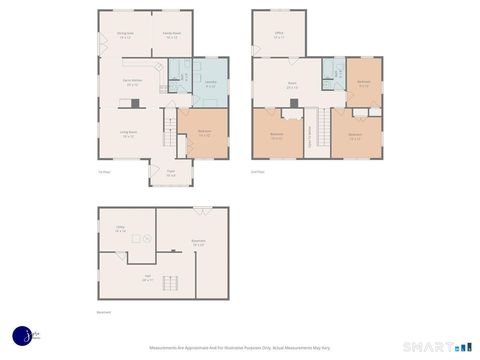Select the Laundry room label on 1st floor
pos(211,83)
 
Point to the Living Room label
pos(129,134)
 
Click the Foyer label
pos(171,172)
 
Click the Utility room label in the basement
pos(120,229)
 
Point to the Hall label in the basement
pos(147,279)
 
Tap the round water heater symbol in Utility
pos(146,238)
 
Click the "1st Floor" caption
pos(103,171)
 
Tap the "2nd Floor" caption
pos(258,171)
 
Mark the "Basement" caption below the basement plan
pos(104,312)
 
